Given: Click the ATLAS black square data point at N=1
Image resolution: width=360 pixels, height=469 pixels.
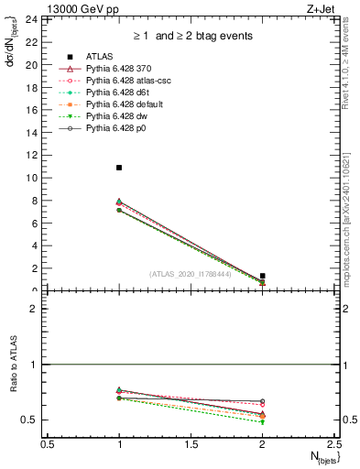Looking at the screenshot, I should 119,168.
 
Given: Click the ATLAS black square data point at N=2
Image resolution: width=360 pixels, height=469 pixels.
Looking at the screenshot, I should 263,276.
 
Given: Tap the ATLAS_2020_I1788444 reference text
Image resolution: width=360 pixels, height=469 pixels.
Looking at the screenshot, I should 191,273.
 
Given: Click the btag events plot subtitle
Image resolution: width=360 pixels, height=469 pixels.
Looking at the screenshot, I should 191,37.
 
